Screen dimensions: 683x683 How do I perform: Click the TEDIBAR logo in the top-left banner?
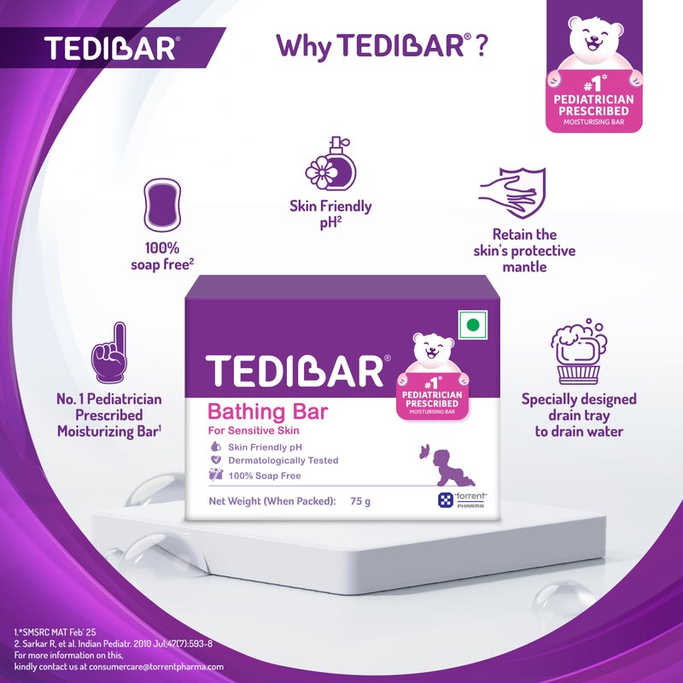click(x=111, y=47)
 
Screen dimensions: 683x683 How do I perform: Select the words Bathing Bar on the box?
click(x=268, y=411)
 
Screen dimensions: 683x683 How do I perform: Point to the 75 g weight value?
click(x=360, y=501)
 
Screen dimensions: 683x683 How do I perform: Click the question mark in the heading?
click(x=482, y=46)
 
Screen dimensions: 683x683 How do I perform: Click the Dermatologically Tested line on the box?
click(x=283, y=460)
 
